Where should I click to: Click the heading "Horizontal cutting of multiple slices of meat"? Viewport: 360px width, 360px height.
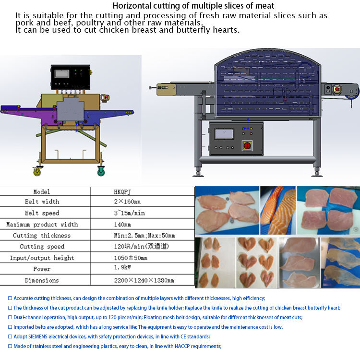coord(193,6)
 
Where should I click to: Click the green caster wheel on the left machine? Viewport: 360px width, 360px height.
coord(102,170)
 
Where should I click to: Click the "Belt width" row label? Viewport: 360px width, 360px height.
coord(42,202)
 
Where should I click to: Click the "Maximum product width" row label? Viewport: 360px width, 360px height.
coord(42,224)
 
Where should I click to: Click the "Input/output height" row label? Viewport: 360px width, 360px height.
coord(42,258)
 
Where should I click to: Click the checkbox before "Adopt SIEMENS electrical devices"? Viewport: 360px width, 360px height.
coord(10,336)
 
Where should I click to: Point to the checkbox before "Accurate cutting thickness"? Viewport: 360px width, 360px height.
coord(10,298)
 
